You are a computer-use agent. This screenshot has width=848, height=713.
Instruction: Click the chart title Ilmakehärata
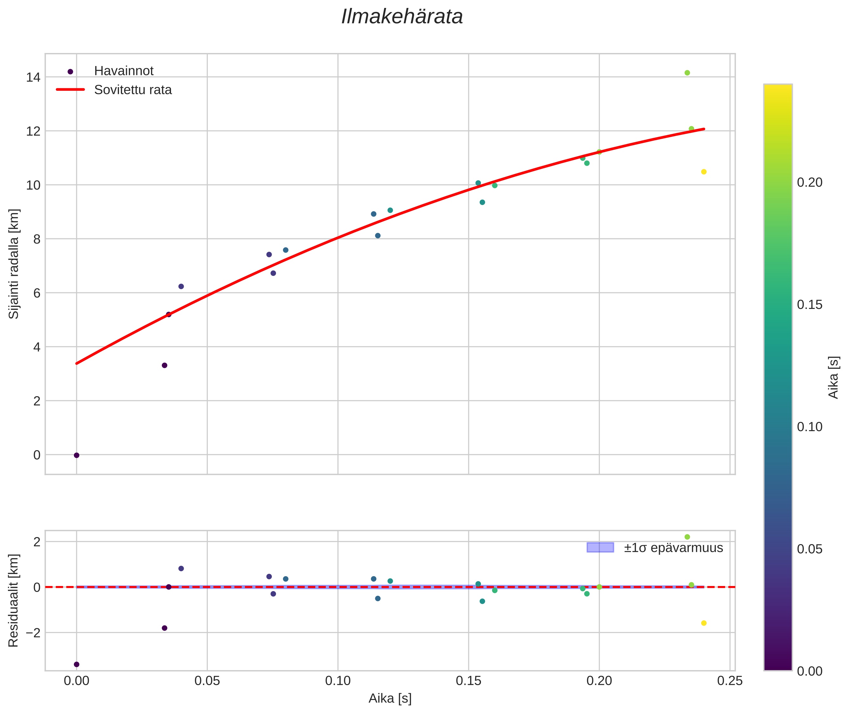pos(402,17)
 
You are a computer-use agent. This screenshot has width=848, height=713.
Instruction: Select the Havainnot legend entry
pos(124,71)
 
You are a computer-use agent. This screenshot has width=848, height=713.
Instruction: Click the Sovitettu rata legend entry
pos(133,90)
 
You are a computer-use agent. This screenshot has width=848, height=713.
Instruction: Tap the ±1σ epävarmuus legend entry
pos(673,548)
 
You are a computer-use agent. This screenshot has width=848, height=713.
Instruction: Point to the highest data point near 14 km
pos(687,73)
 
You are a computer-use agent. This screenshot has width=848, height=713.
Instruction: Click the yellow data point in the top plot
pos(704,172)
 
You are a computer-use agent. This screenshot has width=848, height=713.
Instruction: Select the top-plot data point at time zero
pos(76,455)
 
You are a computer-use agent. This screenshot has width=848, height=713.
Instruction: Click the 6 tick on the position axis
pos(37,293)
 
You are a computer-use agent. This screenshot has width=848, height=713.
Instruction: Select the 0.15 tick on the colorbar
pos(810,305)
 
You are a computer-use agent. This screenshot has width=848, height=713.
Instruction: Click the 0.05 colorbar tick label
pos(810,549)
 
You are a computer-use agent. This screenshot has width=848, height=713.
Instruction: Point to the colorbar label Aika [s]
pos(834,377)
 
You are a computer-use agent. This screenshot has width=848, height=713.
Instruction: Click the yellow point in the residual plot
pos(704,623)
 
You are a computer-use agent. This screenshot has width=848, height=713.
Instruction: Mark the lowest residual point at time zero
pos(76,664)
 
